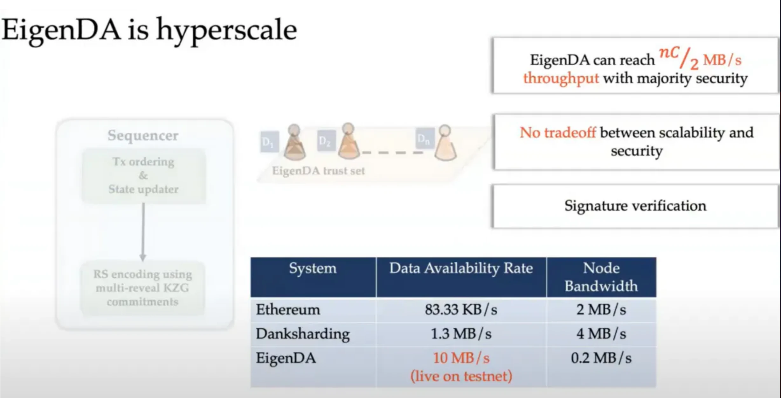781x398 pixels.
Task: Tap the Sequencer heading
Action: tap(143, 136)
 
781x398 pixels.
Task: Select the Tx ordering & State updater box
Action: tap(144, 175)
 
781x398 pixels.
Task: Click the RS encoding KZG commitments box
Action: tap(143, 288)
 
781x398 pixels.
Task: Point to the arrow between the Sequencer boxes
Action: tap(143, 232)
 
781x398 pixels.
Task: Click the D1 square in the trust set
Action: tap(269, 141)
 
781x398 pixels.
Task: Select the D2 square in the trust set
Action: tap(326, 140)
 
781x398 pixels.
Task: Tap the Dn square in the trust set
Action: tap(425, 139)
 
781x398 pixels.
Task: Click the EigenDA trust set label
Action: tap(318, 171)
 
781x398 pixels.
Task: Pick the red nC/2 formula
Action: tap(679, 58)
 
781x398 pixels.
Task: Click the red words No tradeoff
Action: tap(558, 132)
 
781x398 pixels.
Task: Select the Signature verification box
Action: tap(635, 206)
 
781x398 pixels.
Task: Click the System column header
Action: tap(313, 268)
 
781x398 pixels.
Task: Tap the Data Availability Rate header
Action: tap(461, 268)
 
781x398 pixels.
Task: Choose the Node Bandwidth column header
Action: tap(601, 277)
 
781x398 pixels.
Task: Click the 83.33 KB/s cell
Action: tap(461, 309)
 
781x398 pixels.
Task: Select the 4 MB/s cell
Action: tap(601, 334)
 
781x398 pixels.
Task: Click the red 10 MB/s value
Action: tap(461, 358)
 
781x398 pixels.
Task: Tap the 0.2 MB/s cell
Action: tap(601, 358)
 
